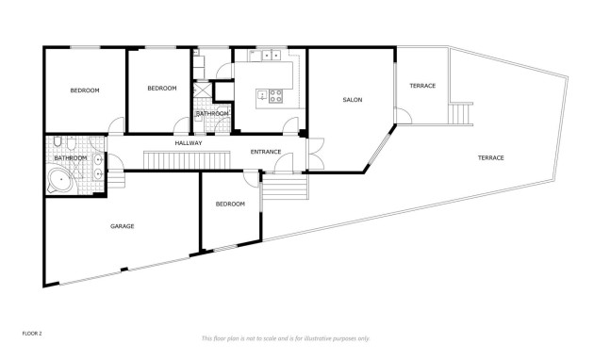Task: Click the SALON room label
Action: (352, 100)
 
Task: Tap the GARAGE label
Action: (122, 226)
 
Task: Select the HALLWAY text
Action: (189, 142)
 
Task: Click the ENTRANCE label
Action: (267, 151)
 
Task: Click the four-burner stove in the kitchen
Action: (277, 94)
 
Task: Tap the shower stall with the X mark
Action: (203, 91)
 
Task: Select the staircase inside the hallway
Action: (187, 158)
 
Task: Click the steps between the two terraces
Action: (460, 114)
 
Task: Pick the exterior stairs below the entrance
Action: (284, 189)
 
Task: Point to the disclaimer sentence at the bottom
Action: (286, 338)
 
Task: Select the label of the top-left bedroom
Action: (85, 90)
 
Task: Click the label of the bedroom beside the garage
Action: (230, 204)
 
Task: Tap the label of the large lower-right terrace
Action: (490, 157)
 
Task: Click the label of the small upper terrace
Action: (421, 86)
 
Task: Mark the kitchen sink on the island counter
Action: (269, 56)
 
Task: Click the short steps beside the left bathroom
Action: (119, 178)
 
